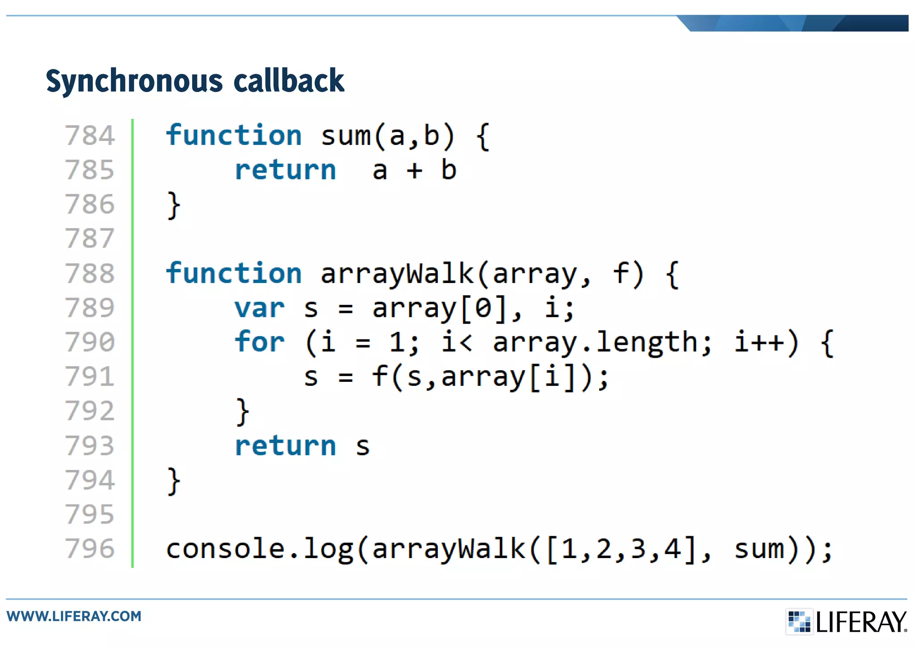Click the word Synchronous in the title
click(134, 81)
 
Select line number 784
click(90, 135)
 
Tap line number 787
click(90, 239)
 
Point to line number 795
click(90, 515)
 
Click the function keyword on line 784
click(234, 135)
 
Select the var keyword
click(260, 308)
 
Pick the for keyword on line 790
click(260, 342)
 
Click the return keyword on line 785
click(285, 170)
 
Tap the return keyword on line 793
click(285, 446)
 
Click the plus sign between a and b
click(414, 171)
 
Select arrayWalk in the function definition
click(397, 274)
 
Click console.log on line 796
click(260, 549)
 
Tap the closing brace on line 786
click(173, 205)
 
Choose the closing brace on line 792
click(242, 411)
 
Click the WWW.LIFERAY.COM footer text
click(74, 616)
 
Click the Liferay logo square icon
click(799, 622)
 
